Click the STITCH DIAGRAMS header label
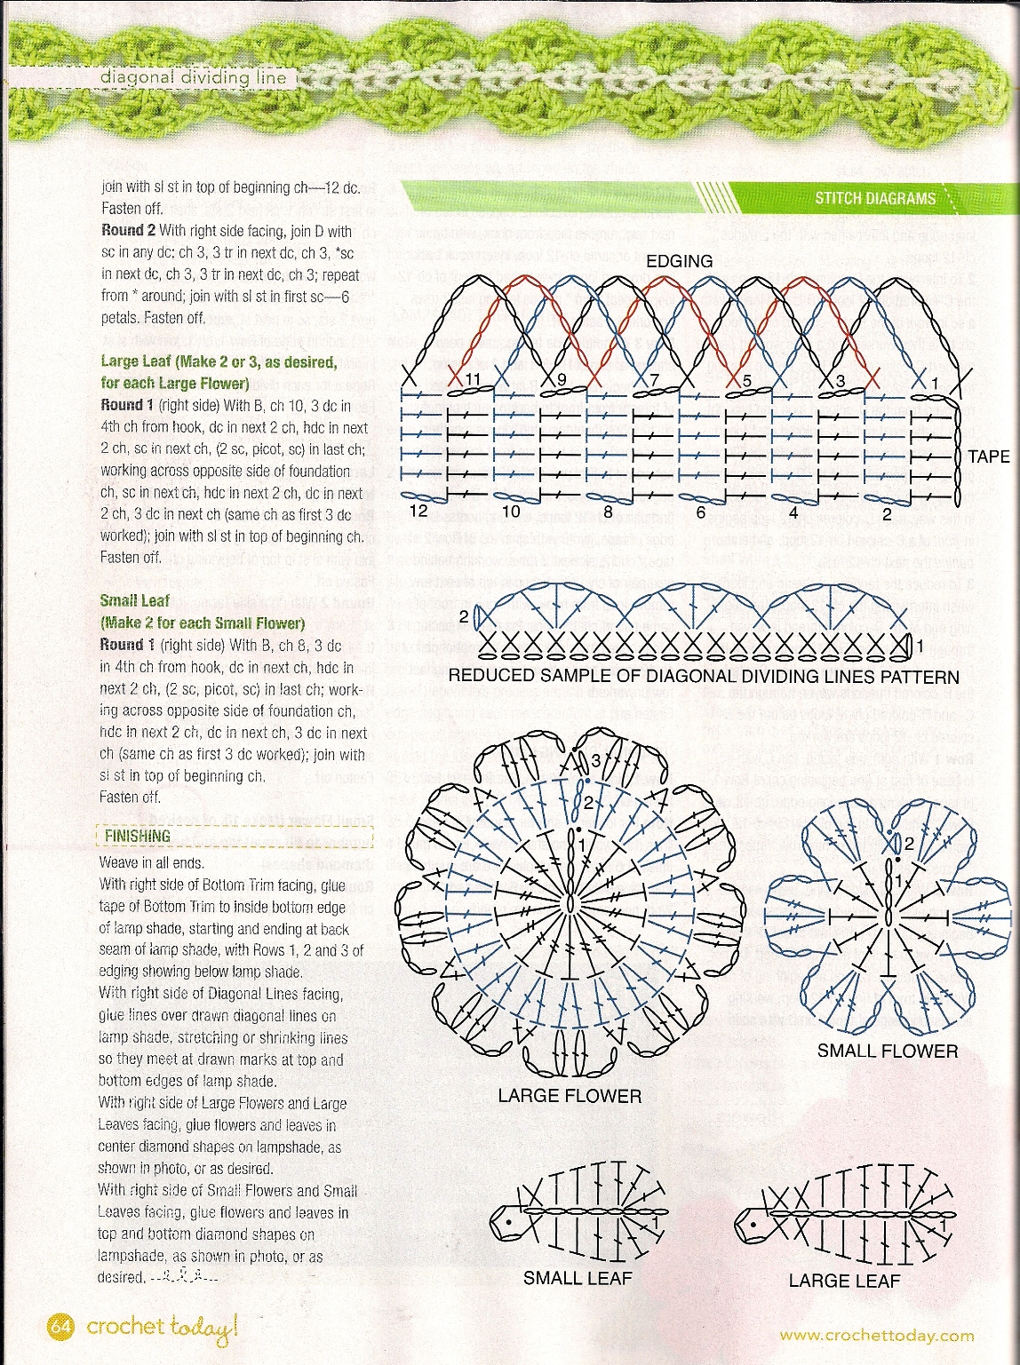(x=875, y=198)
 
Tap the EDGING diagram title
(x=679, y=261)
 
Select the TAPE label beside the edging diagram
(x=989, y=456)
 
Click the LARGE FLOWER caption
(x=570, y=1096)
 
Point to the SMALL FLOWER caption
(x=888, y=1052)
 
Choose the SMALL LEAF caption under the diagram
(x=578, y=1278)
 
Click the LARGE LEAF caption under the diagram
(x=844, y=1281)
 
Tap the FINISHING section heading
(x=138, y=836)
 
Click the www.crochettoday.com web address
(x=877, y=1336)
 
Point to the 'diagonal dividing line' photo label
(x=194, y=77)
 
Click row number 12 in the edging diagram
(x=419, y=511)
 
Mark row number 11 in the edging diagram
(x=473, y=380)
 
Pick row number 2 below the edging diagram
(x=886, y=512)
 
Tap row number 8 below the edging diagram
(x=608, y=512)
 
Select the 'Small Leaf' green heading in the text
(x=135, y=601)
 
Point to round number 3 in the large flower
(x=596, y=760)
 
